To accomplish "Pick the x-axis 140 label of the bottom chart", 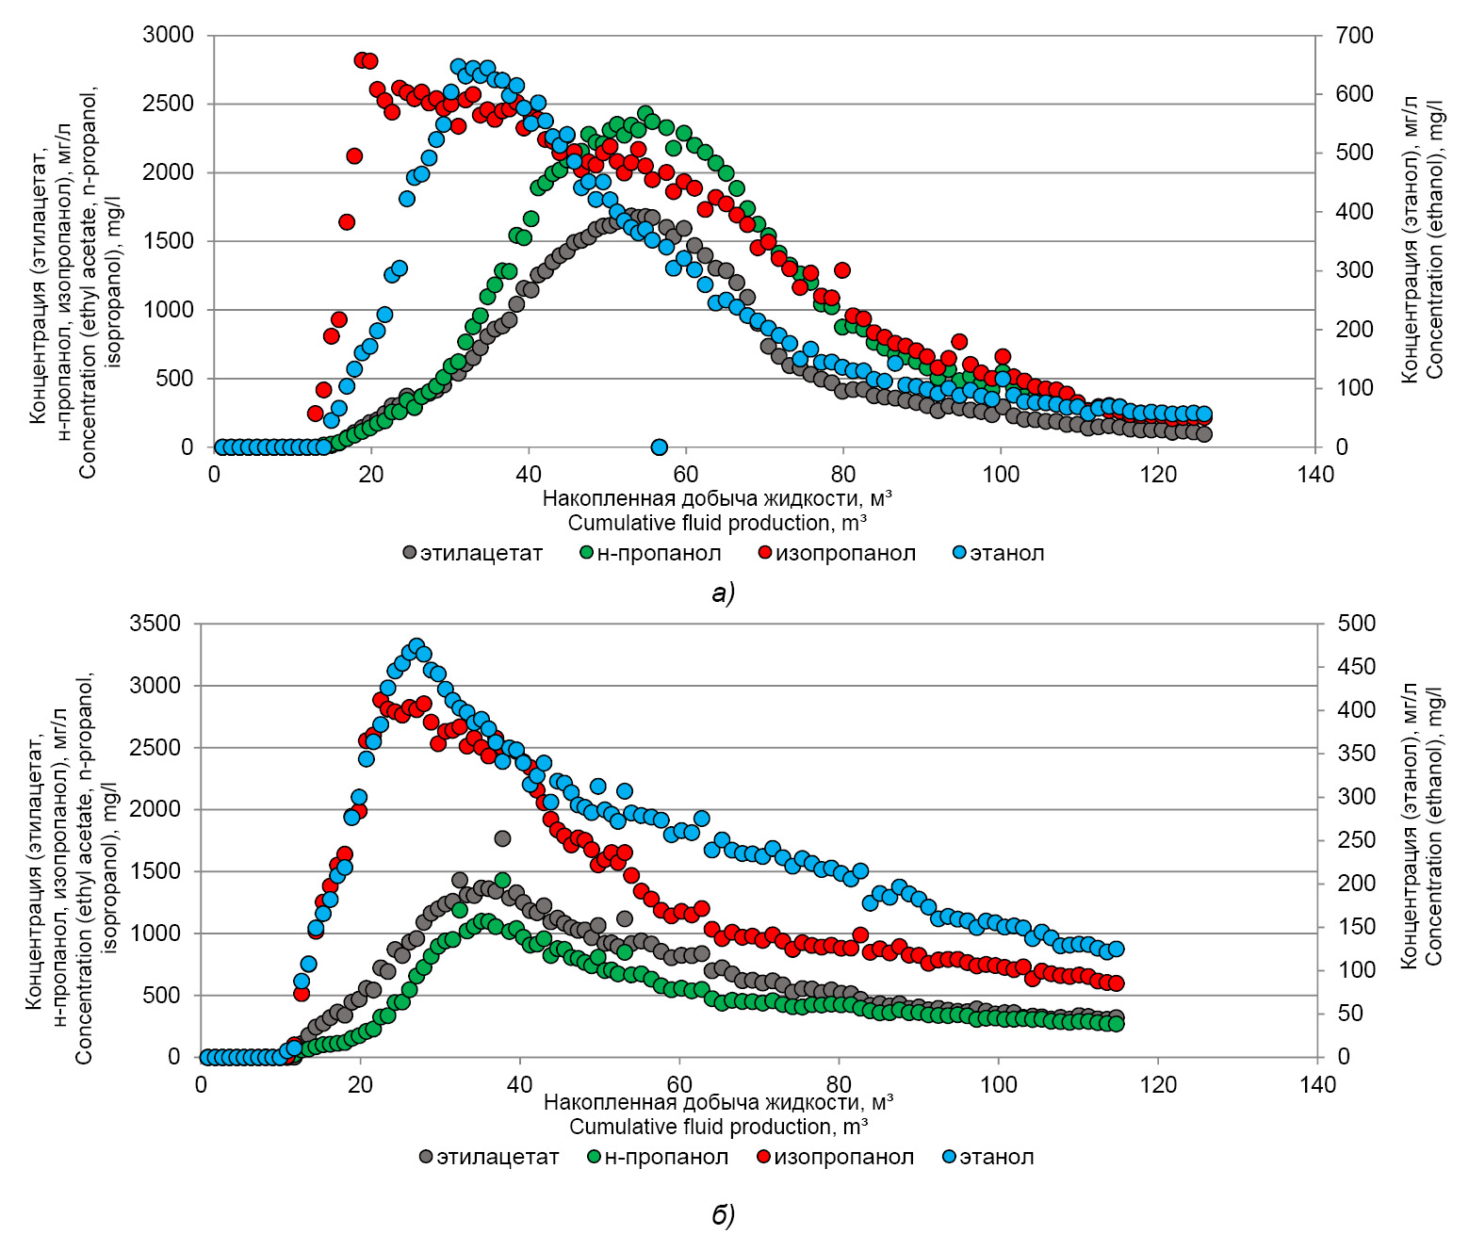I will (x=1316, y=1085).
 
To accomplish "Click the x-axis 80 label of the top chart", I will (x=843, y=475).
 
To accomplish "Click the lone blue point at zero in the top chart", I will (x=660, y=447).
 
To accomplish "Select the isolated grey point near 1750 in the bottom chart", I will (x=502, y=838).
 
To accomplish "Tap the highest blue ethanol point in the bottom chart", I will (x=416, y=646).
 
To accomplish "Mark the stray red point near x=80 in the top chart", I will (x=842, y=270).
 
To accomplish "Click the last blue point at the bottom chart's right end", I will (x=1117, y=949).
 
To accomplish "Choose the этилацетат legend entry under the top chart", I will (x=473, y=554).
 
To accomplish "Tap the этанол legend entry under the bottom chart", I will (x=988, y=1157).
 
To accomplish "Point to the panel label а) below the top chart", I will (x=723, y=593).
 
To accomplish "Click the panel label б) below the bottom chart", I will (x=723, y=1215).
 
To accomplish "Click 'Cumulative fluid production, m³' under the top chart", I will (x=717, y=524).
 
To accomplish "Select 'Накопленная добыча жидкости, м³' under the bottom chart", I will (x=718, y=1102).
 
